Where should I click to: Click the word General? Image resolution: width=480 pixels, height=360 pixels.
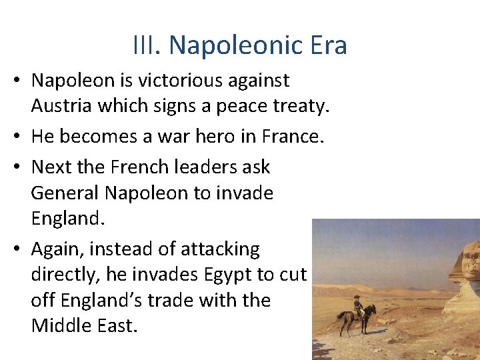click(x=65, y=193)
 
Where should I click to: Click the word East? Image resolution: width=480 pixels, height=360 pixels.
click(x=121, y=327)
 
